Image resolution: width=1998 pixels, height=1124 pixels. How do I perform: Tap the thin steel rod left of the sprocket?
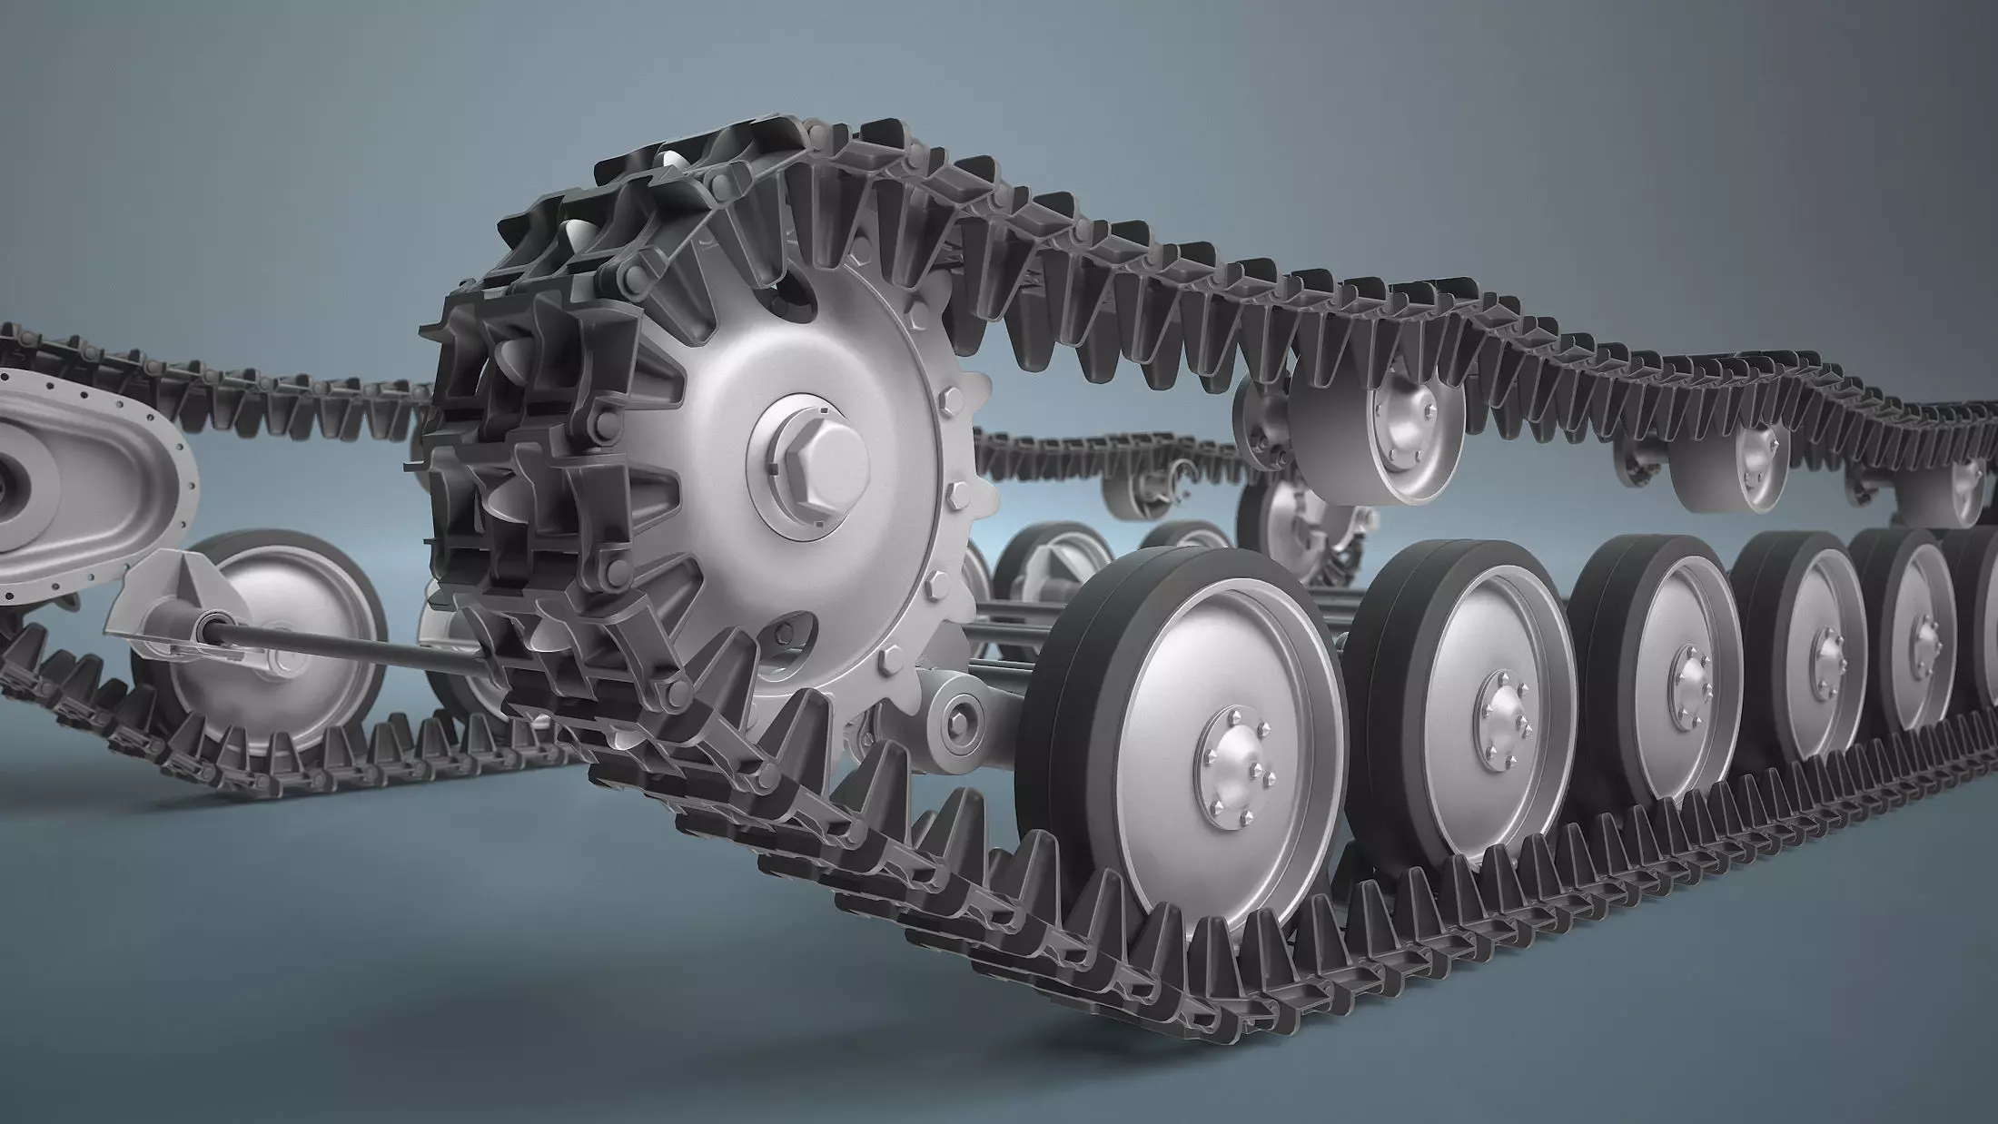coord(363,646)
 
